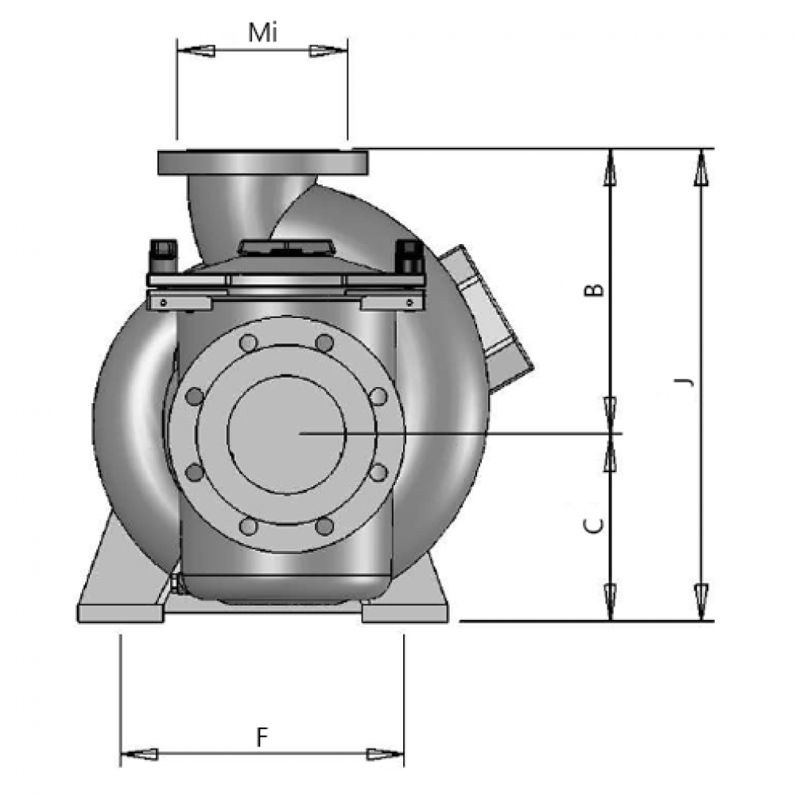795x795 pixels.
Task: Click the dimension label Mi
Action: coord(262,33)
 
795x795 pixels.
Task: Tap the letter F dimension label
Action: coord(262,737)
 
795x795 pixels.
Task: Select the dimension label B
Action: coord(595,289)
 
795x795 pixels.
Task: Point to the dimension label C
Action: coord(594,525)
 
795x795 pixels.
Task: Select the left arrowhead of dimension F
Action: coord(139,754)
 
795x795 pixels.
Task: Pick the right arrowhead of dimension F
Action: coord(386,754)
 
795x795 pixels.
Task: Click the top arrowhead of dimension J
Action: coord(702,168)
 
